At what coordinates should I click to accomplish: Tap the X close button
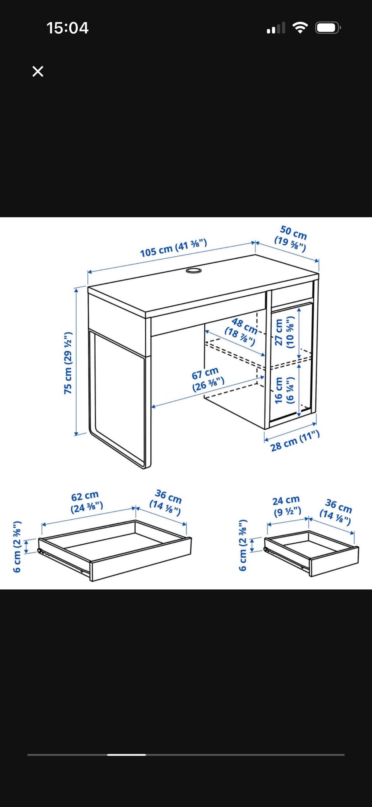pyautogui.click(x=38, y=71)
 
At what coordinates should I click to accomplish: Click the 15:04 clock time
pyautogui.click(x=67, y=28)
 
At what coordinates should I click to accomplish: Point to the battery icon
pyautogui.click(x=328, y=28)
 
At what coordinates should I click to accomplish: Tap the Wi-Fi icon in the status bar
pyautogui.click(x=300, y=28)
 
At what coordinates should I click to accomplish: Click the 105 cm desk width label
pyautogui.click(x=173, y=248)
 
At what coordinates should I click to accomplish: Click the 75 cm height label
pyautogui.click(x=68, y=363)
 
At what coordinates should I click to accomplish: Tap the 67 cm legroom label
pyautogui.click(x=208, y=379)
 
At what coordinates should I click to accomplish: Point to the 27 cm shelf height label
pyautogui.click(x=284, y=332)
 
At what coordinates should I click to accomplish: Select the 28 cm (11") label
pyautogui.click(x=295, y=441)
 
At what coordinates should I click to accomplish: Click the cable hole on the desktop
pyautogui.click(x=193, y=270)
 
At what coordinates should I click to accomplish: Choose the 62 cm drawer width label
pyautogui.click(x=86, y=502)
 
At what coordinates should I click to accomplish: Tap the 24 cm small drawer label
pyautogui.click(x=287, y=506)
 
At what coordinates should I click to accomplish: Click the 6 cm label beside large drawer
pyautogui.click(x=17, y=547)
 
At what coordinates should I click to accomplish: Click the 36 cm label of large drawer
pyautogui.click(x=166, y=503)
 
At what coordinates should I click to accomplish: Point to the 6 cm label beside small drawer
pyautogui.click(x=243, y=545)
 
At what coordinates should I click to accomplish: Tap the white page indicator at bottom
pyautogui.click(x=126, y=755)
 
